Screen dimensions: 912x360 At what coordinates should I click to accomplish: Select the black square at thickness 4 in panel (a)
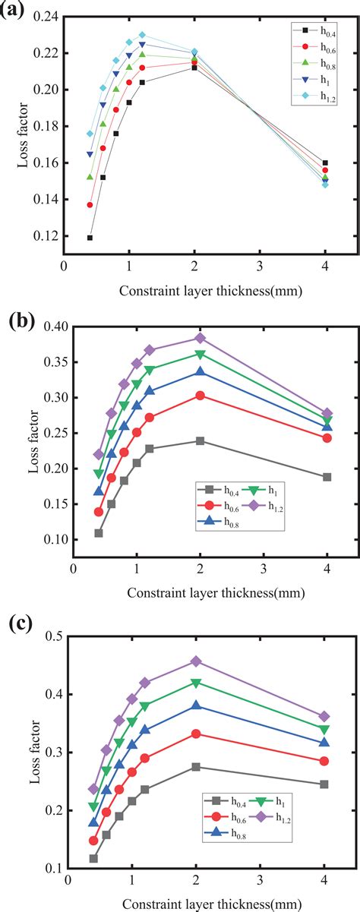click(x=325, y=163)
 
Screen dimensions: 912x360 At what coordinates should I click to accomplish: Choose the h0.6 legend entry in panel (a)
click(x=308, y=47)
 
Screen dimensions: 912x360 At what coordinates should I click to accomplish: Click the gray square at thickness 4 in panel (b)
click(x=327, y=477)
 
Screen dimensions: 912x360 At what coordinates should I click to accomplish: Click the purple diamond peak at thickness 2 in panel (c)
click(x=196, y=661)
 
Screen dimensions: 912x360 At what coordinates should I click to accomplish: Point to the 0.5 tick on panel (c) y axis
click(x=53, y=636)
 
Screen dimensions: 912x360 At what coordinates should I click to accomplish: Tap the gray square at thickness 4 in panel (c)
click(x=324, y=784)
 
